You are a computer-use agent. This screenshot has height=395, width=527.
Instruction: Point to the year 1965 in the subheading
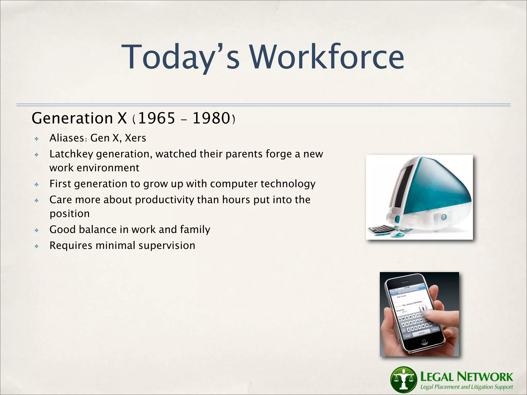click(156, 118)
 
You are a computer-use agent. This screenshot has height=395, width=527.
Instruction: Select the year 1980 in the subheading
click(211, 118)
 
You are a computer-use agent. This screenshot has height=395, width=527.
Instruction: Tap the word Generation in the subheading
click(72, 118)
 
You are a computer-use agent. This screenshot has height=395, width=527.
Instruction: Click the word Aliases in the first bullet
click(67, 138)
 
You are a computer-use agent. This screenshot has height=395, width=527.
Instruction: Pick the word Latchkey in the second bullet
click(71, 154)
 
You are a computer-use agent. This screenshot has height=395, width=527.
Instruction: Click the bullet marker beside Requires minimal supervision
click(37, 246)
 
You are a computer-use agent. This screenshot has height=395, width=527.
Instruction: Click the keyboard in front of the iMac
click(381, 229)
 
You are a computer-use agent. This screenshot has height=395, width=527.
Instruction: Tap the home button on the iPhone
click(424, 341)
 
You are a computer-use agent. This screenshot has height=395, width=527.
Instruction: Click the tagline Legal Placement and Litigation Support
click(466, 387)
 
